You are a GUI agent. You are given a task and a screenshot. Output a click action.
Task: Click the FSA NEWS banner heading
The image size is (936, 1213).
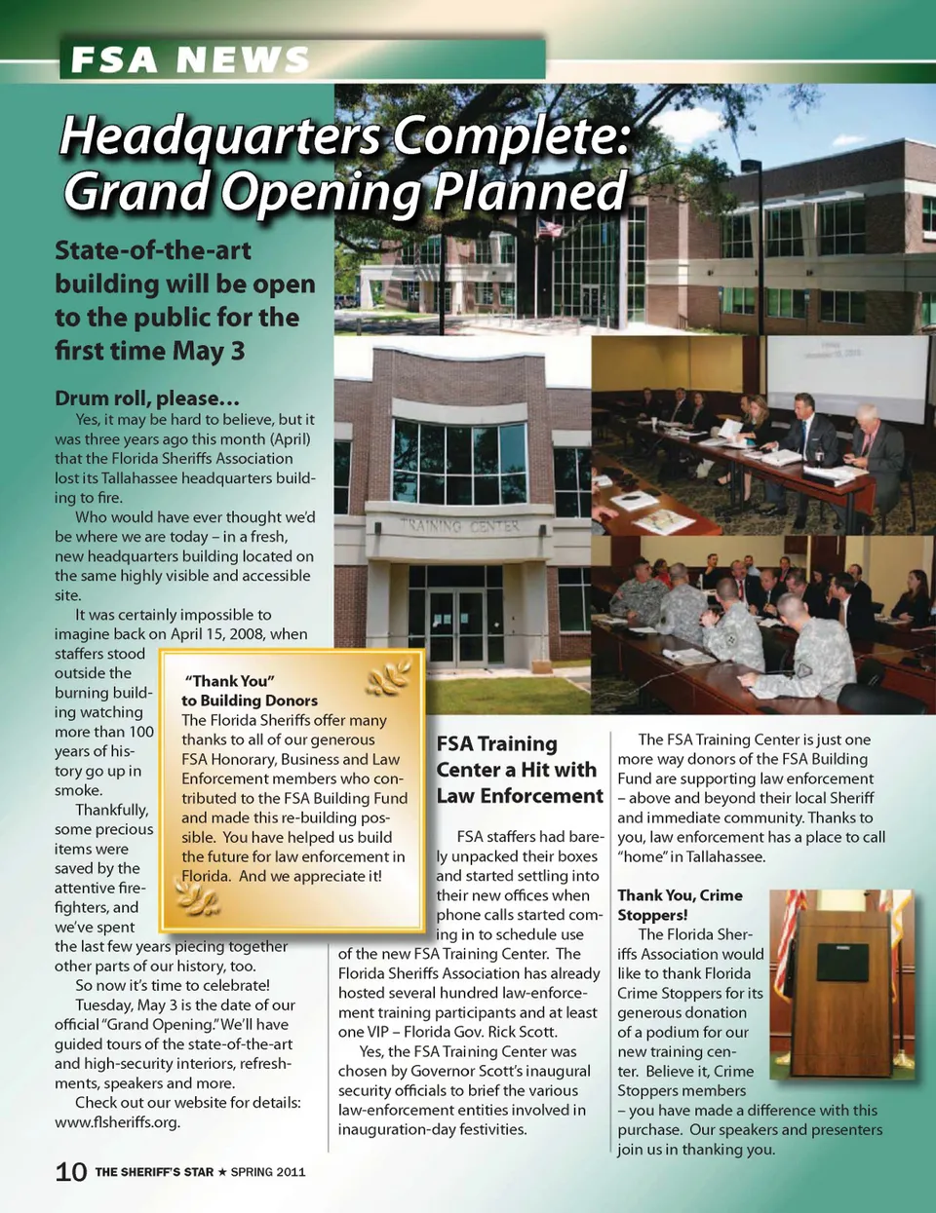click(x=189, y=60)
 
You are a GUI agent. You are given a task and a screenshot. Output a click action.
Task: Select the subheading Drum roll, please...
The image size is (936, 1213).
click(x=147, y=398)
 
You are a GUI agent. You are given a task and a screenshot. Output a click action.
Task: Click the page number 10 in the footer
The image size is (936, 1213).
click(x=71, y=1171)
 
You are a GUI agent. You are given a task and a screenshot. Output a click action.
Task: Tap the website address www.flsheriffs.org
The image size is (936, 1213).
click(x=117, y=1121)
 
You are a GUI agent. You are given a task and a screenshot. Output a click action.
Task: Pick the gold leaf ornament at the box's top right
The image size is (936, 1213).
click(x=389, y=676)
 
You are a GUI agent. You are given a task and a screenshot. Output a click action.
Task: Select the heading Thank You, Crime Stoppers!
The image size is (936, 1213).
click(x=680, y=904)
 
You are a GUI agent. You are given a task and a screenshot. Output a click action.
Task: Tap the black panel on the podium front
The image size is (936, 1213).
click(x=841, y=962)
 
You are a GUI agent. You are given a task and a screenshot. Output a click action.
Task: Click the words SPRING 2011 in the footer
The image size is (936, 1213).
click(x=268, y=1172)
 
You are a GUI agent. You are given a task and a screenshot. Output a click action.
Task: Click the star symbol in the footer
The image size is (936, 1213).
click(x=221, y=1172)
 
